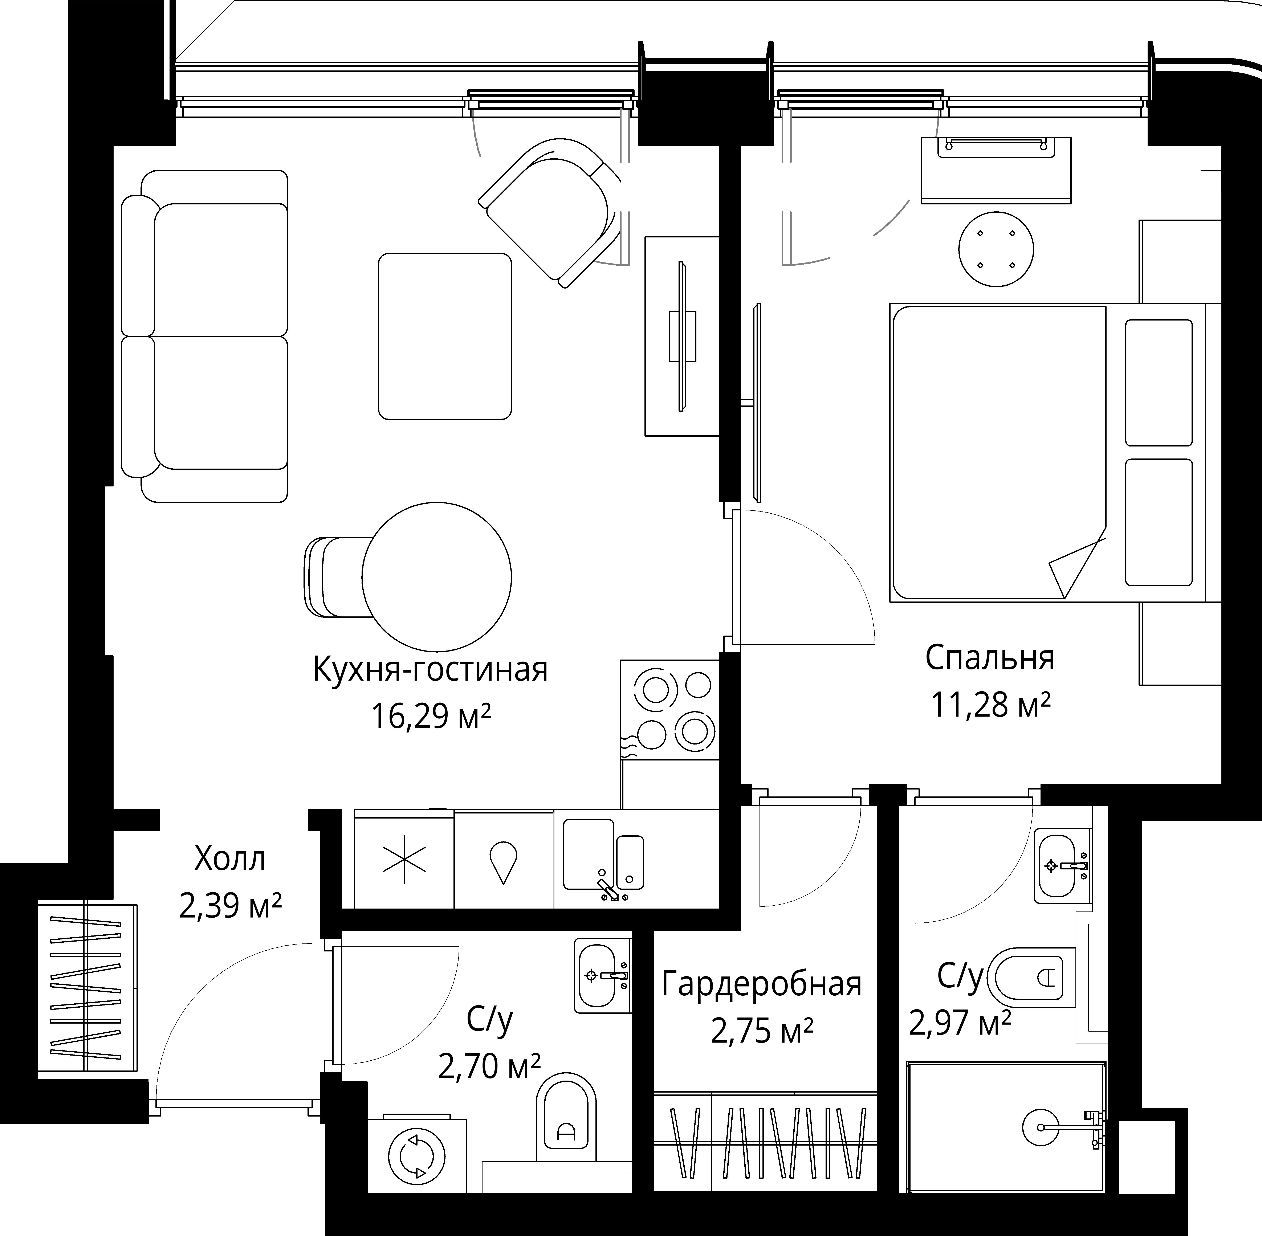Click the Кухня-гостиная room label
point(430,670)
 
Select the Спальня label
point(990,658)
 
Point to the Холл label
point(230,860)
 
